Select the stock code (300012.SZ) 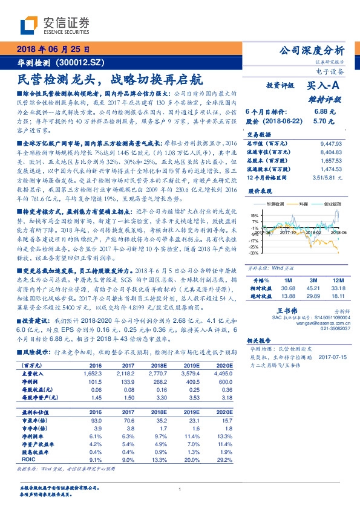(x=82, y=62)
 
